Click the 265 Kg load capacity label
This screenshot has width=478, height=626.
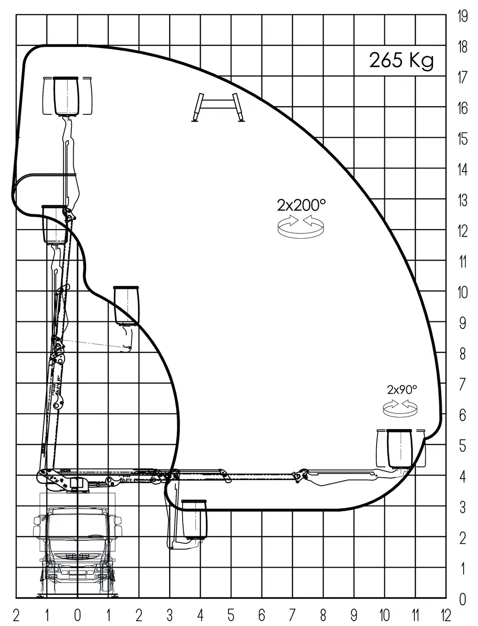point(402,60)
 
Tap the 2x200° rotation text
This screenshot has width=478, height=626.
point(301,205)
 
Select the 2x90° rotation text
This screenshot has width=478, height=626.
point(402,390)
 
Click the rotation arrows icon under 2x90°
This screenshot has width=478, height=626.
point(400,408)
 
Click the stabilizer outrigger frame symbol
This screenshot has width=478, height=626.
point(218,108)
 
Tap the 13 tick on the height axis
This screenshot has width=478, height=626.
point(462,200)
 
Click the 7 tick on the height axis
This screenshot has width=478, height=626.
point(463,384)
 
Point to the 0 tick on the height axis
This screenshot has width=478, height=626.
point(463,599)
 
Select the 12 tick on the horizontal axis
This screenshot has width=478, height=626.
point(446,615)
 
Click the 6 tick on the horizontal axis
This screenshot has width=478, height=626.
point(261,615)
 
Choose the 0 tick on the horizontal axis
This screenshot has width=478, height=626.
point(77,615)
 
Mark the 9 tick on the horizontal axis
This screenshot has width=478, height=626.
point(354,615)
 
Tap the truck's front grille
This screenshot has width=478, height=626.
point(77,556)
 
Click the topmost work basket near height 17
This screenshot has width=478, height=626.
point(66,96)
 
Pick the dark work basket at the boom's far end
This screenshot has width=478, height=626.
point(400,449)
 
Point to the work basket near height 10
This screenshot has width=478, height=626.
point(126,306)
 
